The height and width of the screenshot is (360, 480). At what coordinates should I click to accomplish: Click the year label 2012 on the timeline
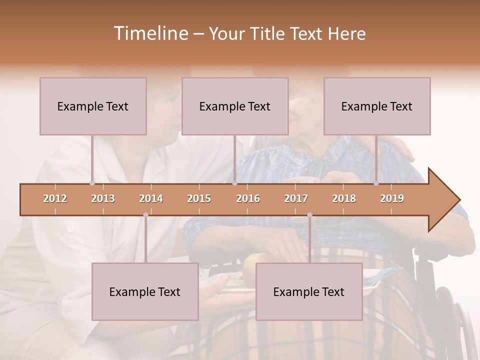(x=55, y=198)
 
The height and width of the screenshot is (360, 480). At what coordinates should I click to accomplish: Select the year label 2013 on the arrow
(x=103, y=198)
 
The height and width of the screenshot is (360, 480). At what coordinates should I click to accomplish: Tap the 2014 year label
(x=151, y=198)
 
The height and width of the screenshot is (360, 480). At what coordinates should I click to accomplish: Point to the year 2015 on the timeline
(x=199, y=198)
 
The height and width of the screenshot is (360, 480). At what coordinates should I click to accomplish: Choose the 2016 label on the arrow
(x=248, y=198)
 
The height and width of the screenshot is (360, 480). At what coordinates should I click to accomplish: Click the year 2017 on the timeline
(x=296, y=198)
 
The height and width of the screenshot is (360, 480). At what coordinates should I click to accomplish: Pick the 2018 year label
(x=344, y=198)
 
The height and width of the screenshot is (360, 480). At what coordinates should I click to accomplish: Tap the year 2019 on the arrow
(x=392, y=198)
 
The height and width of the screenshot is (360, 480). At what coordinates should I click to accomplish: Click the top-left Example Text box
(x=93, y=106)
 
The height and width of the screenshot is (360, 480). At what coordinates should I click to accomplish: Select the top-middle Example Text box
(x=235, y=106)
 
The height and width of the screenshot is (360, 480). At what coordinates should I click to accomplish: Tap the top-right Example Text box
(x=377, y=106)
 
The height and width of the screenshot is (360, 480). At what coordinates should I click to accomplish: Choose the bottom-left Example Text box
(x=145, y=291)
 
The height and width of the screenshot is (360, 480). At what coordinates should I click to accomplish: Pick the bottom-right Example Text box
(x=309, y=291)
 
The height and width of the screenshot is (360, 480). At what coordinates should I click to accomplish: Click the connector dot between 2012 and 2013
(x=92, y=183)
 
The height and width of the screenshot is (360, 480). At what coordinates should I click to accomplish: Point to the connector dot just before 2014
(x=145, y=215)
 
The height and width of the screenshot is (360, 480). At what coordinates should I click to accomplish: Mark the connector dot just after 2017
(x=309, y=215)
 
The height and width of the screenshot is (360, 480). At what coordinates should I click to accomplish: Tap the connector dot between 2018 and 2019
(x=376, y=183)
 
